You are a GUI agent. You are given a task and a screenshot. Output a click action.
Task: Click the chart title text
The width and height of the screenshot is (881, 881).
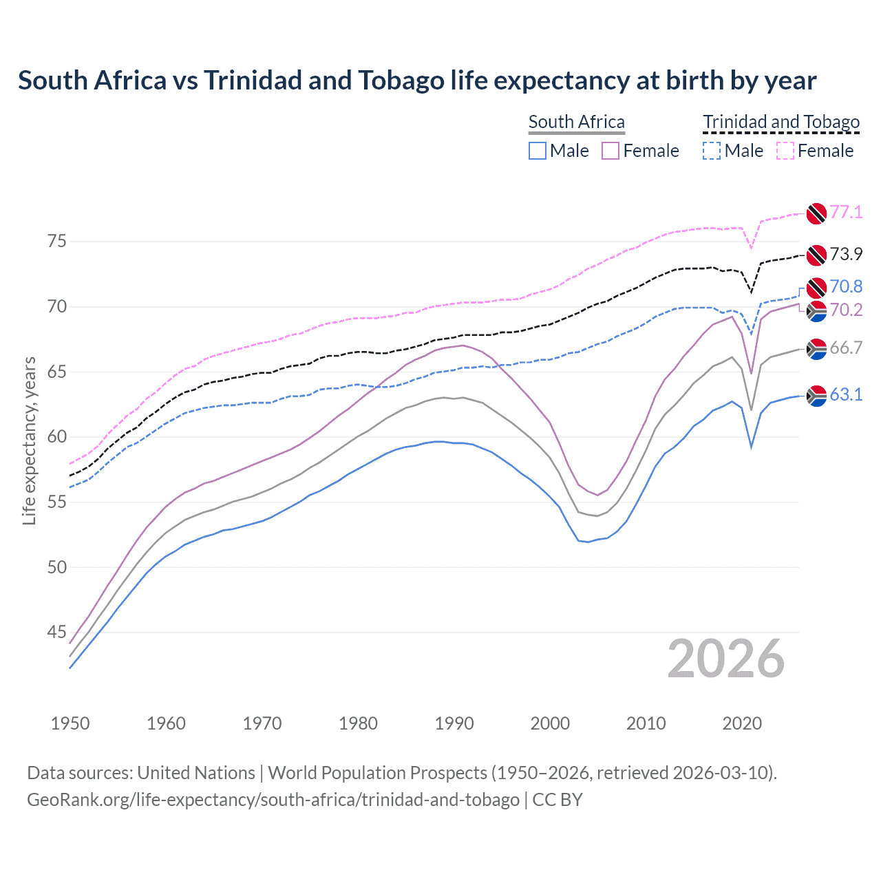tap(417, 81)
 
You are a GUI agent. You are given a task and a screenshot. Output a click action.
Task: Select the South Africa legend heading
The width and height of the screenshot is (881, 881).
tap(576, 122)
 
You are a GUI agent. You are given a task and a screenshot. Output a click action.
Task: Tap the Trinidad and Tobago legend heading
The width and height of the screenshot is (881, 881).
tap(781, 122)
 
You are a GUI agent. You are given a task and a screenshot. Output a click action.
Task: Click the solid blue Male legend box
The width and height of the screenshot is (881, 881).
tap(538, 151)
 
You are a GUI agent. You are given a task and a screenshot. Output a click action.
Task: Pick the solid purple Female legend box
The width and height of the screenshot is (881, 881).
tap(611, 151)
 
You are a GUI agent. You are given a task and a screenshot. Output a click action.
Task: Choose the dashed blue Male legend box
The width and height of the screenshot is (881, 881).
tap(712, 151)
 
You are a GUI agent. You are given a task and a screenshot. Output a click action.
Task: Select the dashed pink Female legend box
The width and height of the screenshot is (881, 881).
tap(785, 151)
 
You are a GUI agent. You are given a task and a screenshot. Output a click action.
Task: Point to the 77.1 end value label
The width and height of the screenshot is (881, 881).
tap(846, 212)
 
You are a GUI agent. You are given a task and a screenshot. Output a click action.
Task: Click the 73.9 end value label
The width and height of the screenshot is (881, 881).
tap(846, 254)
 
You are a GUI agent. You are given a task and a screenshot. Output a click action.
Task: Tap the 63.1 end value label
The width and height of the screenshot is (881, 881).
tap(846, 394)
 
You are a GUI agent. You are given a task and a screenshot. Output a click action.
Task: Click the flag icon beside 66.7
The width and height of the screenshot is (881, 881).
tap(816, 349)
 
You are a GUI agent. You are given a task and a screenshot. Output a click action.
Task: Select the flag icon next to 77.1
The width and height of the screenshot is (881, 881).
tap(816, 213)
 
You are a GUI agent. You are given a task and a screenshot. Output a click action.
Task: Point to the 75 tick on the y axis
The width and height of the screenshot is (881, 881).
tap(57, 241)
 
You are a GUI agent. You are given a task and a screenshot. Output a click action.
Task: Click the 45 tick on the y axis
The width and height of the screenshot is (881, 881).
tap(57, 632)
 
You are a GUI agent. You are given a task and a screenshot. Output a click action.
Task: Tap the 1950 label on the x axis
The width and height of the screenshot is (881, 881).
tap(70, 723)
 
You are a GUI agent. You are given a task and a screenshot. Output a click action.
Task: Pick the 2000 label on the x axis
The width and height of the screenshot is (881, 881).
tap(550, 723)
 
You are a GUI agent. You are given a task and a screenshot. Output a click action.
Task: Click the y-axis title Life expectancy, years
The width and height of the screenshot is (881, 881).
tap(29, 440)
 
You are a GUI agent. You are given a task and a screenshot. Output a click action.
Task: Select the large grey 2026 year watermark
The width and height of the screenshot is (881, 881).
tap(726, 659)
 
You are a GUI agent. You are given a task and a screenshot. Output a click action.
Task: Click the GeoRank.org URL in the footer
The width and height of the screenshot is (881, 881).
tap(273, 800)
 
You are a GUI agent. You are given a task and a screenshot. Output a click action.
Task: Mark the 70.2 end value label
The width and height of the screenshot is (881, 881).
tap(846, 310)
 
